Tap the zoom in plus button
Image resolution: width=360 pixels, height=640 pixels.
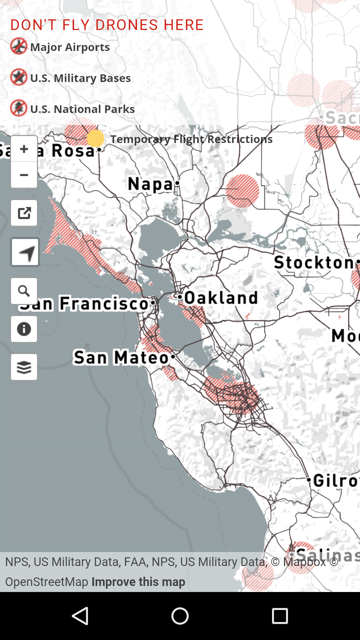coord(24,149)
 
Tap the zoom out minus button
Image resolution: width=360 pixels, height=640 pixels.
coord(24,175)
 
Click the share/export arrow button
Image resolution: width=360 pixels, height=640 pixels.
coord(24,213)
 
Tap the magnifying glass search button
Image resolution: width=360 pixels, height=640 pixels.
coord(24,291)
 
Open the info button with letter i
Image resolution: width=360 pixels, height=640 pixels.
coord(24,329)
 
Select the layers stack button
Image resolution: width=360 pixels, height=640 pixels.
coord(24,367)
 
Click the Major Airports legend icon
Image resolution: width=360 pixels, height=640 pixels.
coord(19,46)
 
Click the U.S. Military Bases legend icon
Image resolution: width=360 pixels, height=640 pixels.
coord(19,77)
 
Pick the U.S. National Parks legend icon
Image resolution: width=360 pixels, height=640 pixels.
coord(19,108)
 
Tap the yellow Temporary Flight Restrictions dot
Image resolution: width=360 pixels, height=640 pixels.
coord(96,138)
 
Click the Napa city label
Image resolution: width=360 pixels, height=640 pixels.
coord(151,184)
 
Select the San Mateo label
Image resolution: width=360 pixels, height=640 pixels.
coord(121,357)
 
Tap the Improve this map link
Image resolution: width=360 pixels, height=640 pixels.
coord(138,582)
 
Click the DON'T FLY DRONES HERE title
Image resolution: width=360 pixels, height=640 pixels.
coord(107,25)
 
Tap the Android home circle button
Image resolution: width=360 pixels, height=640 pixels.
coord(180,616)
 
